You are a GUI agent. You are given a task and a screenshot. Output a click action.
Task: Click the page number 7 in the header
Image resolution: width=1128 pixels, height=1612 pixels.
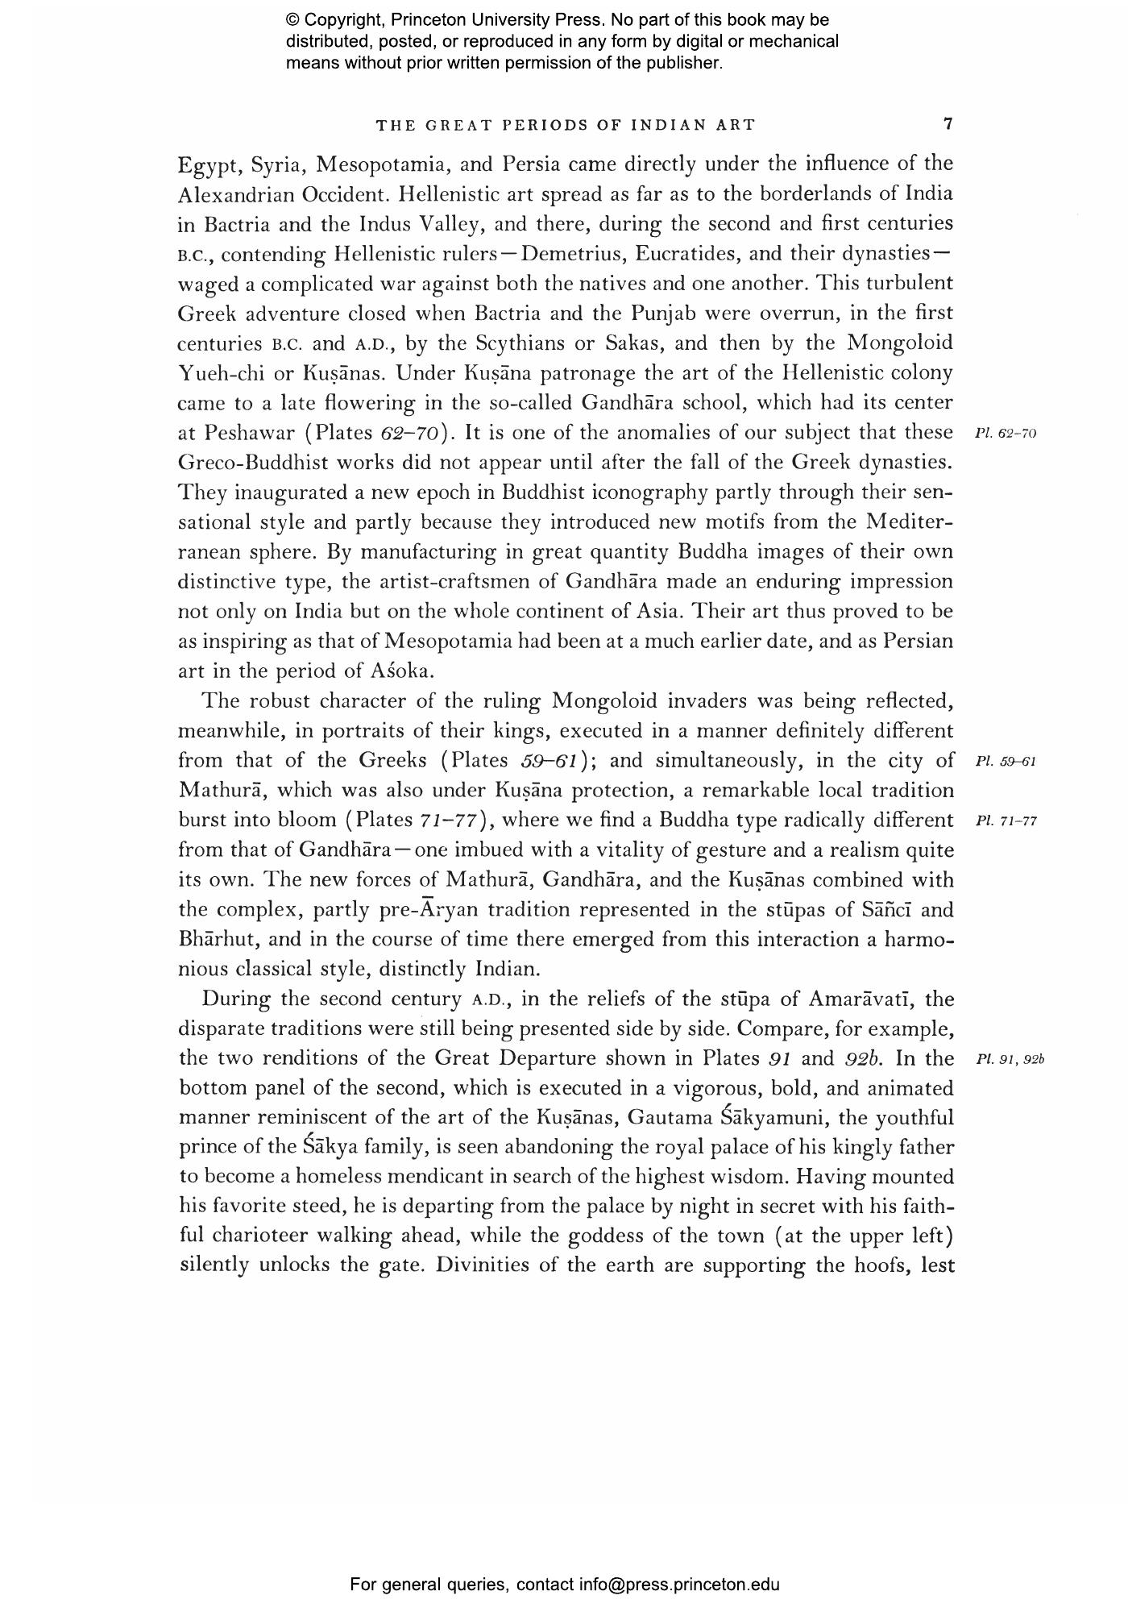(948, 124)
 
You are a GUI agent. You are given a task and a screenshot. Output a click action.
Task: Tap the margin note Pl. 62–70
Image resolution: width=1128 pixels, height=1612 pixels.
(1005, 434)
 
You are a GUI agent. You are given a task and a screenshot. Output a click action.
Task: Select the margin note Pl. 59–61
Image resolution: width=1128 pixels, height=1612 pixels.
(1005, 761)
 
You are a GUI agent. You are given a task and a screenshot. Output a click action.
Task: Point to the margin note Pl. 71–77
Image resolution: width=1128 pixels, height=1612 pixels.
(1005, 821)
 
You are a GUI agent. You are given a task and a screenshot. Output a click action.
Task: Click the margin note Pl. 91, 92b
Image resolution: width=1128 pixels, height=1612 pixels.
(1009, 1059)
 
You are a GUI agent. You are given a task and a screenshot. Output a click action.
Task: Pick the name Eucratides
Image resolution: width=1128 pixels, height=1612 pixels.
(686, 254)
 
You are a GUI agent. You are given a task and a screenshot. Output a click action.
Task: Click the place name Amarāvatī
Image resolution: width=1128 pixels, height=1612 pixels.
(861, 999)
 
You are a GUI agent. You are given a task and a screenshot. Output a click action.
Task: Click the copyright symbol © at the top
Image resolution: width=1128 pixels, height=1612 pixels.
(292, 20)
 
